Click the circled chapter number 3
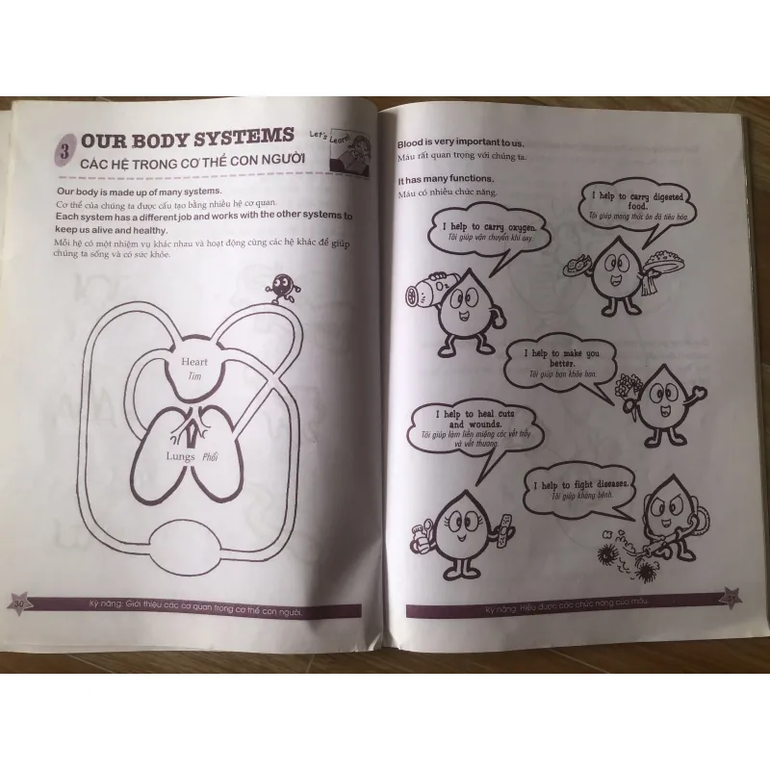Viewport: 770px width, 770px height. point(64,150)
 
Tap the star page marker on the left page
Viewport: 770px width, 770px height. point(20,604)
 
